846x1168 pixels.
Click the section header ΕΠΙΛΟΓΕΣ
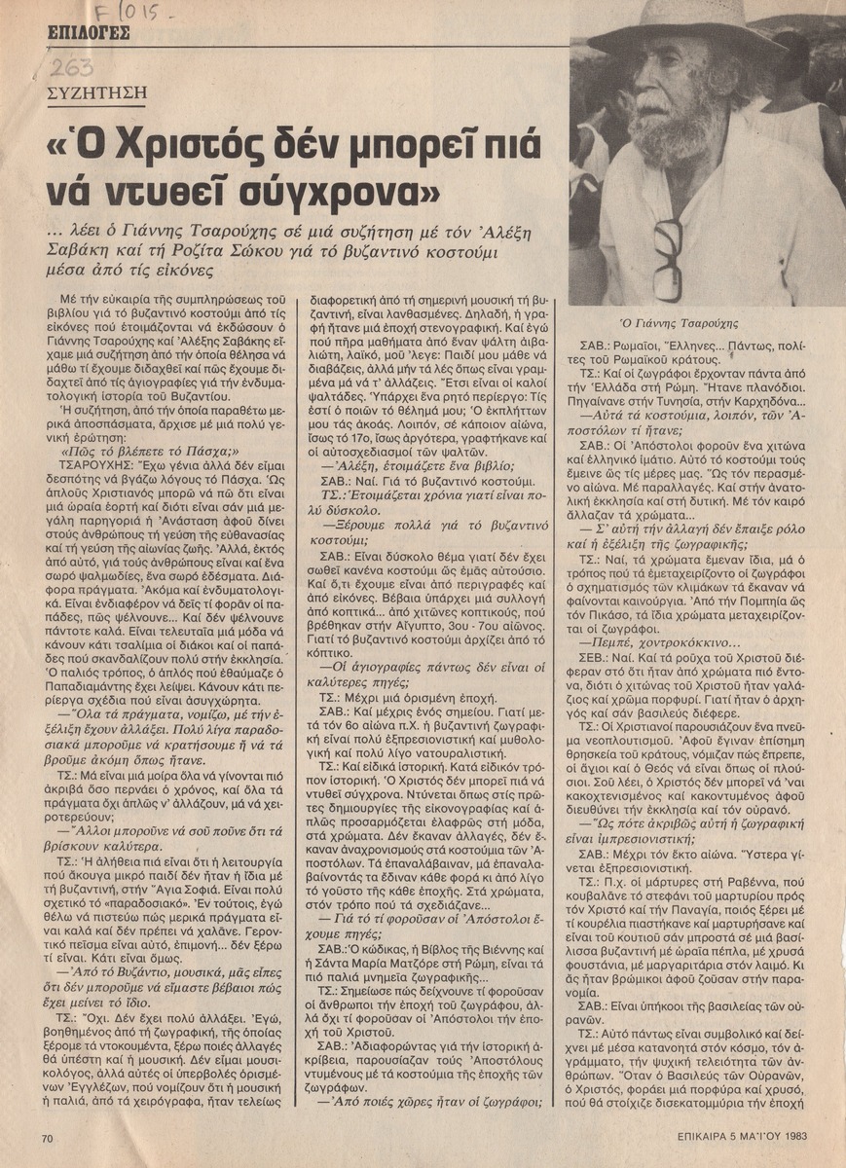(89, 37)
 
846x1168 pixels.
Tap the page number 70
(48, 1136)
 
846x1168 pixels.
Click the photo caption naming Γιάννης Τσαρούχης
(692, 322)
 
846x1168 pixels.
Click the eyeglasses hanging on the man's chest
(669, 258)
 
